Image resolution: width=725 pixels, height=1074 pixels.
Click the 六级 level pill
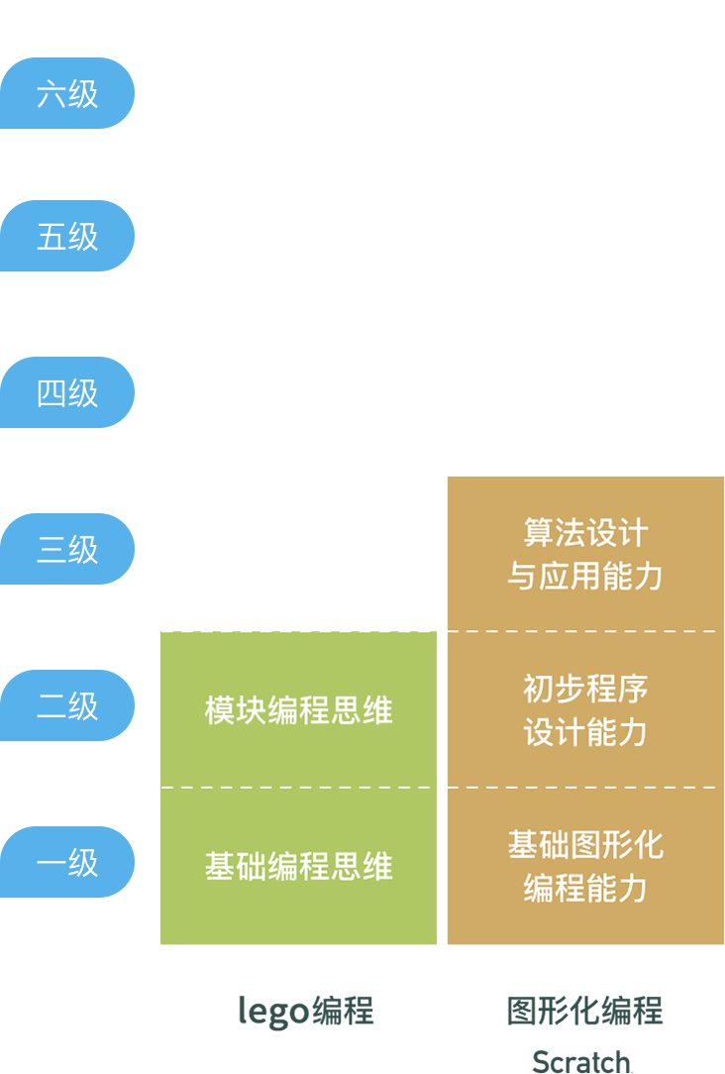pyautogui.click(x=67, y=93)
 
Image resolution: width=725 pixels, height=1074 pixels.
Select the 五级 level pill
pyautogui.click(x=67, y=236)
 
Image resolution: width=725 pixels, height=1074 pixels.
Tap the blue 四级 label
pyautogui.click(x=67, y=392)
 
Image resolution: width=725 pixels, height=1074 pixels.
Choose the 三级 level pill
pyautogui.click(x=67, y=549)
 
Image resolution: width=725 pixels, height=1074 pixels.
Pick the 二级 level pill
pyautogui.click(x=67, y=705)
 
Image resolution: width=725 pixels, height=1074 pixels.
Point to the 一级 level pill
pyautogui.click(x=67, y=862)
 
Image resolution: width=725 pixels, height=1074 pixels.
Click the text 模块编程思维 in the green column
pyautogui.click(x=298, y=710)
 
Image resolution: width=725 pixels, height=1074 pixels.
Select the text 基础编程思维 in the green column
pyautogui.click(x=298, y=866)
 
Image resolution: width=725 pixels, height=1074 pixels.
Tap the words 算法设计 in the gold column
pyautogui.click(x=585, y=533)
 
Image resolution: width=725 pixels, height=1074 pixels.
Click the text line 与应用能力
pyautogui.click(x=585, y=576)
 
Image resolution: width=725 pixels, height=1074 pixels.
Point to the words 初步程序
pyautogui.click(x=585, y=689)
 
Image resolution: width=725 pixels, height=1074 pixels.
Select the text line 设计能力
pyautogui.click(x=585, y=732)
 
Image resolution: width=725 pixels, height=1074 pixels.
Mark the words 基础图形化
pyautogui.click(x=585, y=845)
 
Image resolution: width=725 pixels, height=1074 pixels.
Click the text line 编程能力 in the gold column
pyautogui.click(x=585, y=888)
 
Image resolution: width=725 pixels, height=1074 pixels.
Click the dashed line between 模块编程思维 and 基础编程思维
pyautogui.click(x=298, y=788)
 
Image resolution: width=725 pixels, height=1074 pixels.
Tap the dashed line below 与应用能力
pyautogui.click(x=585, y=631)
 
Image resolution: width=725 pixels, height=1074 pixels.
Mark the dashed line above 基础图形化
pyautogui.click(x=585, y=788)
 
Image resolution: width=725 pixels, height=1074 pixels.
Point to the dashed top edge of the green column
pyautogui.click(x=298, y=631)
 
